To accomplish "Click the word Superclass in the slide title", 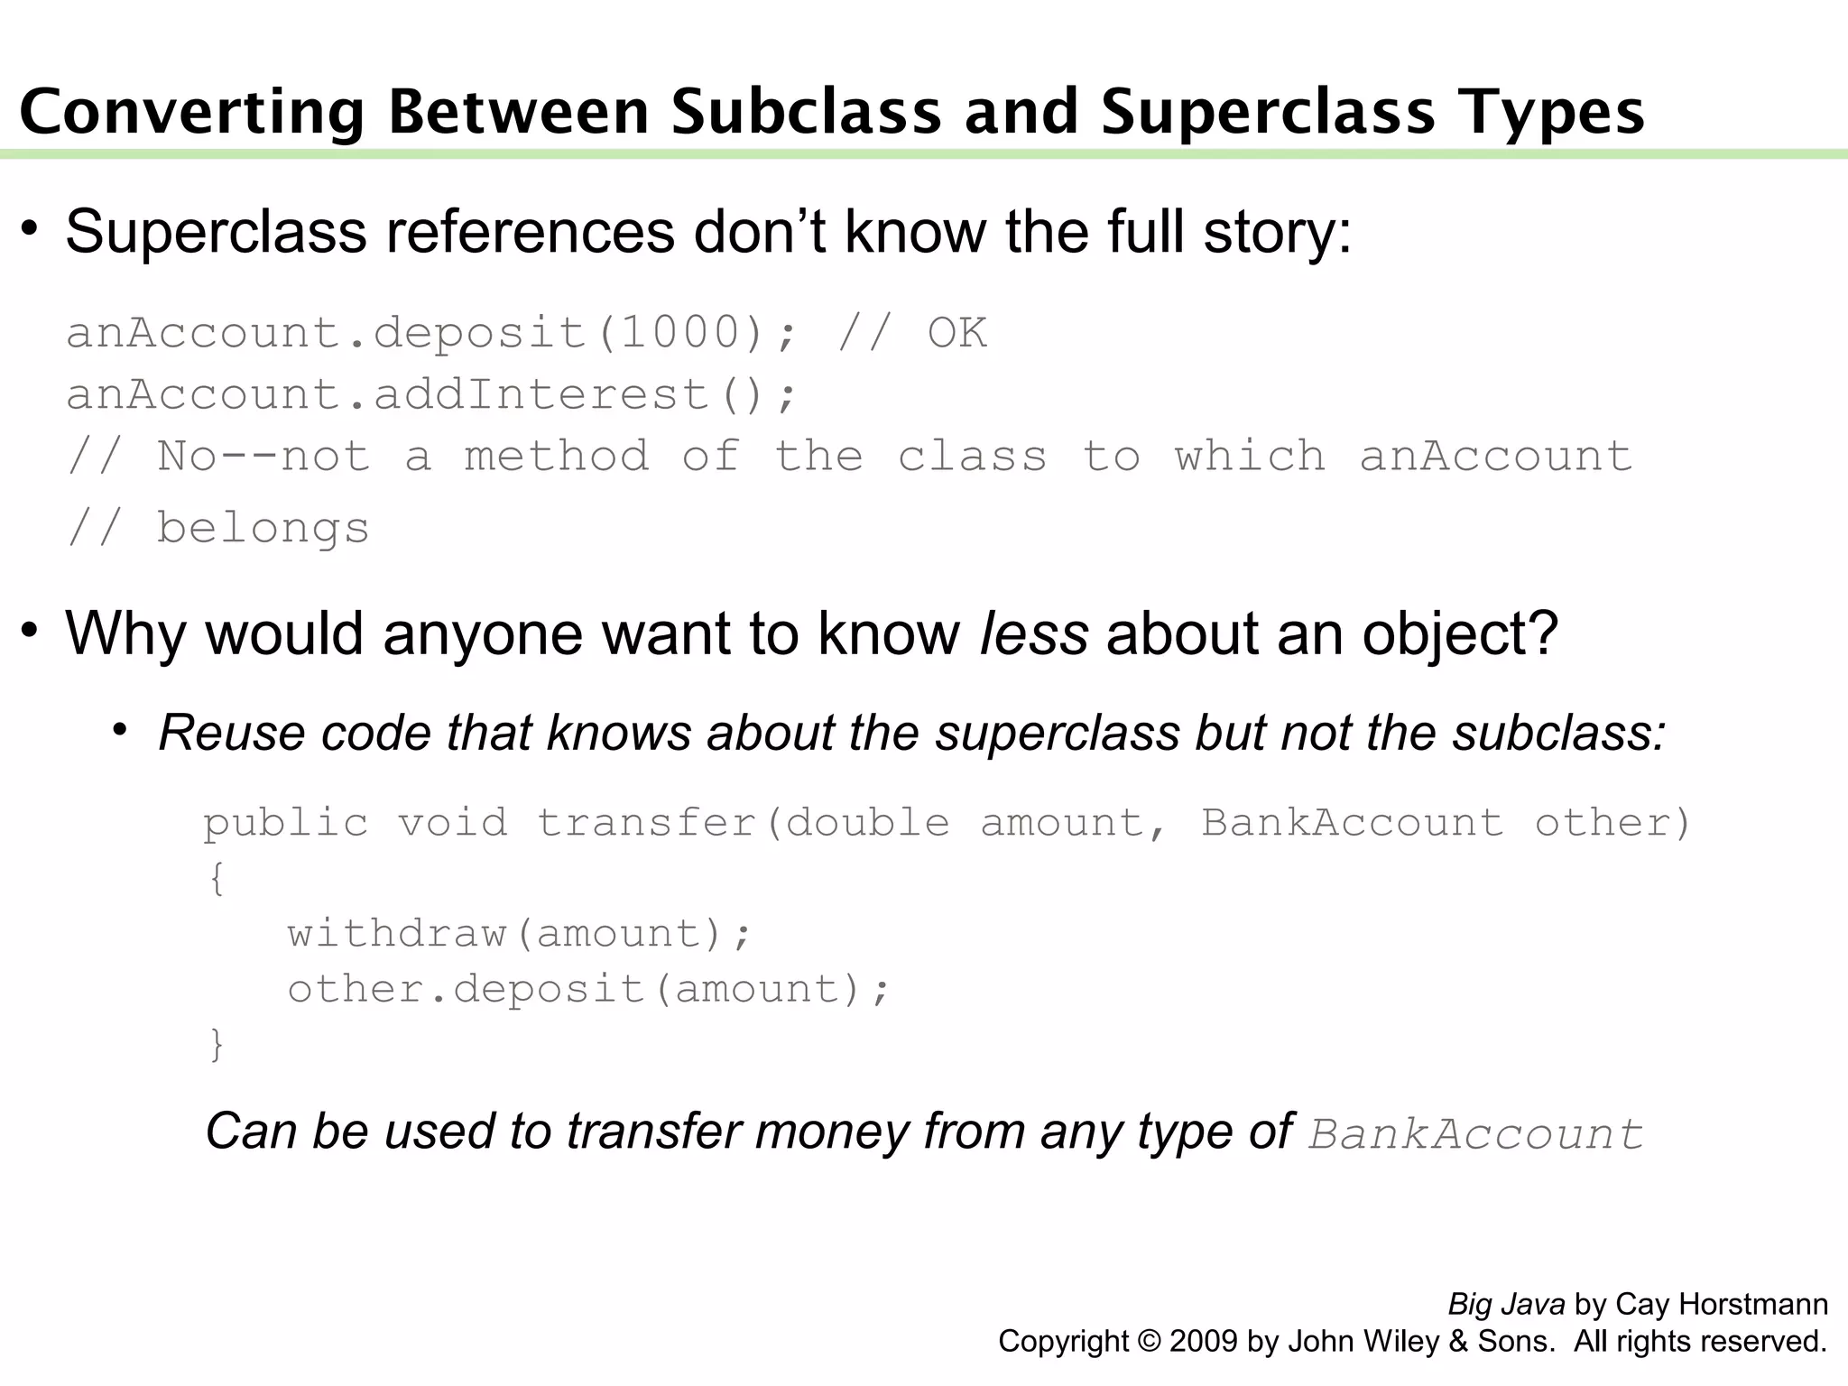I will [1268, 114].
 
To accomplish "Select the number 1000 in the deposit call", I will [680, 333].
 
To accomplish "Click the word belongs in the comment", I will [263, 528].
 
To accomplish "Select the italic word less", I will [1034, 633].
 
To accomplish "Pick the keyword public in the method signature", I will [286, 823].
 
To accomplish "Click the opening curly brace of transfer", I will [217, 878].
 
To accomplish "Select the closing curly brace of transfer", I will [217, 1045].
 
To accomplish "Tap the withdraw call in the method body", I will [397, 934].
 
